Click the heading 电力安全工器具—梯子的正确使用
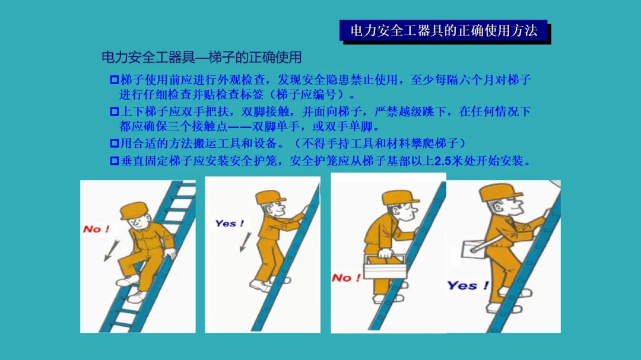point(202,57)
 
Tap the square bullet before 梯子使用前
point(115,79)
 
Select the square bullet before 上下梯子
point(115,111)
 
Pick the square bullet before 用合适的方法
point(115,144)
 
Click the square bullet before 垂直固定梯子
point(115,161)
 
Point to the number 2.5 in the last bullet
point(443,161)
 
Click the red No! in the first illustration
point(96,229)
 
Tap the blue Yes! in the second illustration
point(230,223)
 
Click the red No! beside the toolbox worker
point(346,278)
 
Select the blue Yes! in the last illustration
point(468,285)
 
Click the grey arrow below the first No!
point(111,250)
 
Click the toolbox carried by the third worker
point(384,267)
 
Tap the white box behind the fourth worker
point(474,249)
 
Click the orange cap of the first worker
point(134,211)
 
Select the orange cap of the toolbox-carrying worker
point(400,198)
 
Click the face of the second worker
point(275,209)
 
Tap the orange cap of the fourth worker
point(500,192)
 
